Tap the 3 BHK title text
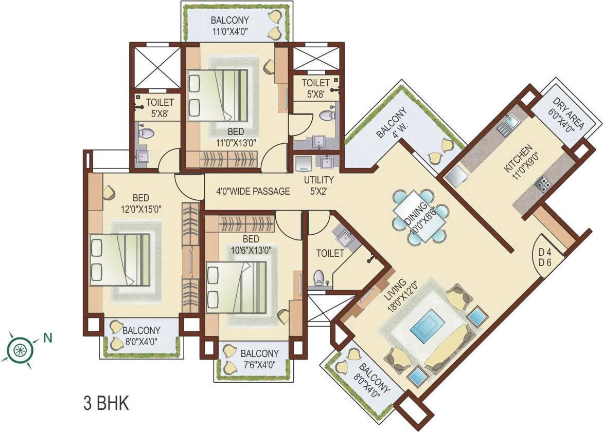(105, 403)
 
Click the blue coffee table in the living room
(428, 327)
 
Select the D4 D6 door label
(544, 257)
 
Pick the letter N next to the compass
(47, 338)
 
